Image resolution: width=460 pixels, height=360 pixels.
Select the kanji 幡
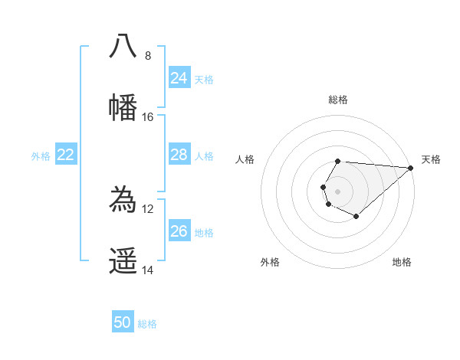123,107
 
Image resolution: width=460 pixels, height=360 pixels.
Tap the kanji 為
123,200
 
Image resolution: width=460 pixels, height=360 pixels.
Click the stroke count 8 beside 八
148,55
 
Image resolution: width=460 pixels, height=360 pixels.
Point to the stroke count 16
148,117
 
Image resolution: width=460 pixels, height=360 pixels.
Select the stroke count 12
148,208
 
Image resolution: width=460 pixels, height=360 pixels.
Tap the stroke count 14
148,270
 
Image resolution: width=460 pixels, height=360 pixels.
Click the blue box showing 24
179,78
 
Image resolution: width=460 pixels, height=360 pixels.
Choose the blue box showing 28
179,155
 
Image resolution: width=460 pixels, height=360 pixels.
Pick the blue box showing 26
179,231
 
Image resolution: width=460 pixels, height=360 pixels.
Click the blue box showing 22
66,155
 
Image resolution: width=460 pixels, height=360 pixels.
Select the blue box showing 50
123,322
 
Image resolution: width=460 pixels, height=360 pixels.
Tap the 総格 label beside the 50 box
147,324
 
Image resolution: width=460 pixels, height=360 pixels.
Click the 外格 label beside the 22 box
41,156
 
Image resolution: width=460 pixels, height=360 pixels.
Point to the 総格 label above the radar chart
338,100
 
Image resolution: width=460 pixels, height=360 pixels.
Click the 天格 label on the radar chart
431,159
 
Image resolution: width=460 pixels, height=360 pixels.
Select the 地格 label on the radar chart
402,262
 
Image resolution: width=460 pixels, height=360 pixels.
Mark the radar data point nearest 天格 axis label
410,168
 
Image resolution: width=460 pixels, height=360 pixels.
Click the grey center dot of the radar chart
337,190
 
